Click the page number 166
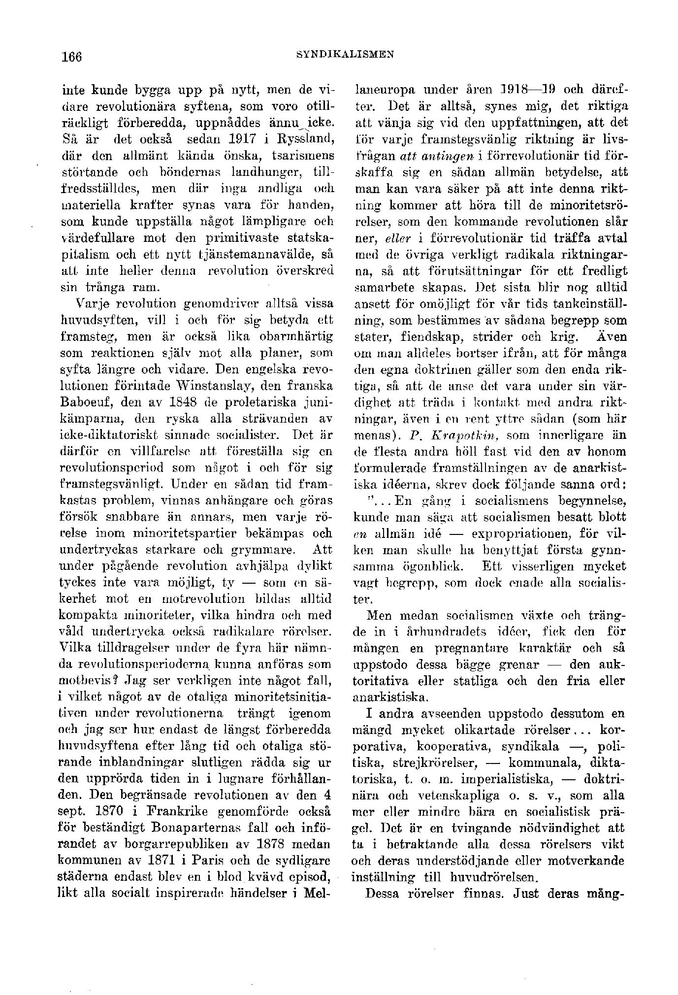click(x=70, y=56)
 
